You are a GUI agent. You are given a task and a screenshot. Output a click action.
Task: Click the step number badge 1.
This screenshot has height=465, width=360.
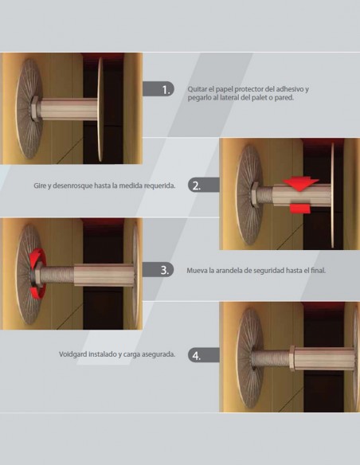coord(158,89)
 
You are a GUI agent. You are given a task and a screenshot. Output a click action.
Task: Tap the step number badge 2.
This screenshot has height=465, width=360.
coord(203,185)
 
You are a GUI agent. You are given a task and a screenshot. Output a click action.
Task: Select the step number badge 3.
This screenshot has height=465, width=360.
coord(158,270)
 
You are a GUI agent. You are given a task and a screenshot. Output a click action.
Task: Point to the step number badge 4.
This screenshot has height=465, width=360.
coord(203,354)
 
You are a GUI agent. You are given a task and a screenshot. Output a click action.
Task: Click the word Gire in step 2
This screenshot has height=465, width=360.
coord(40,186)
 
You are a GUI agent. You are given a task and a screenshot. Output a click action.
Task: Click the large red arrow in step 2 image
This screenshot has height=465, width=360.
coord(300,184)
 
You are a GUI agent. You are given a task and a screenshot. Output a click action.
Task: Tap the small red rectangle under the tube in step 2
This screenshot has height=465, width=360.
coord(299,209)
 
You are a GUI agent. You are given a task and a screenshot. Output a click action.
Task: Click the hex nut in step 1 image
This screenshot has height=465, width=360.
coord(35,108)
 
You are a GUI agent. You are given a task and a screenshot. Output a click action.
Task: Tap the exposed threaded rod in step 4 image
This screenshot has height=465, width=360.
coord(271,358)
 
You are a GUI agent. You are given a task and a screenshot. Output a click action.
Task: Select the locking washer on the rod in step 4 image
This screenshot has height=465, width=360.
coord(292,358)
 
